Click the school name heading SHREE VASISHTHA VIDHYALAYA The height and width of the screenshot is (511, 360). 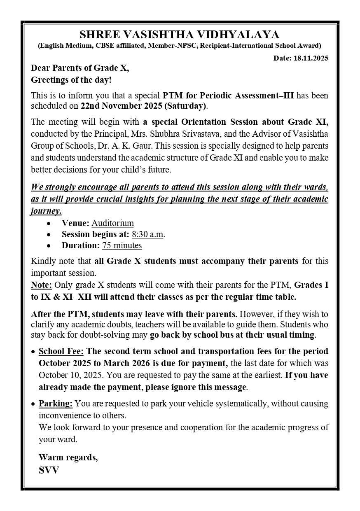pos(180,34)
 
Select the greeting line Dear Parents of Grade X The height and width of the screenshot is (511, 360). pos(80,68)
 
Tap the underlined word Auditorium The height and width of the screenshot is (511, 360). pos(112,223)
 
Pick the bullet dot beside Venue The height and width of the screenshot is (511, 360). pos(49,224)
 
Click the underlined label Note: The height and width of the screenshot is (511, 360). pos(42,285)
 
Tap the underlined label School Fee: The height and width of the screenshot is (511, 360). pos(61,351)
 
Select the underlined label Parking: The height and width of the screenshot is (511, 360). pos(56,403)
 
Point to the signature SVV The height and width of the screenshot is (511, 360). pos(49,470)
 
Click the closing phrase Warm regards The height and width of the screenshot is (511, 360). pos(68,457)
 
